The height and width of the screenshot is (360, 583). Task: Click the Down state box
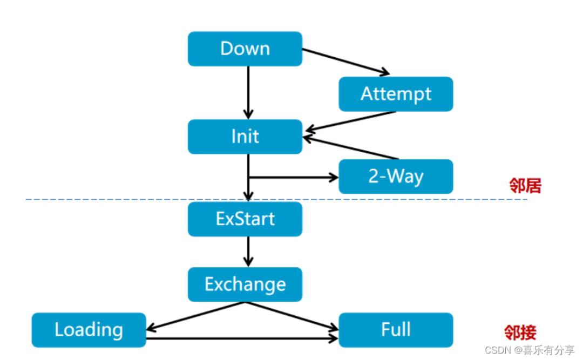(245, 49)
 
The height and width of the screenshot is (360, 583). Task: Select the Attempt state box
(396, 94)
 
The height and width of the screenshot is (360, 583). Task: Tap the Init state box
(245, 137)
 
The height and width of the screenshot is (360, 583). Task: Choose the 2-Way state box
(396, 176)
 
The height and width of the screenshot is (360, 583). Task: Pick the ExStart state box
(245, 219)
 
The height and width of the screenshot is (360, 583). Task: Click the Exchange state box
(245, 284)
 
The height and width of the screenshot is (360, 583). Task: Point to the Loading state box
(89, 330)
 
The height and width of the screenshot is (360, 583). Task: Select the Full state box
(396, 330)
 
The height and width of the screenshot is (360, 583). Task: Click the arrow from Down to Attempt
(346, 62)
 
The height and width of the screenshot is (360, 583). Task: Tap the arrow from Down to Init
(248, 93)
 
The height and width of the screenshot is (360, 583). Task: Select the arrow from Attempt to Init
(350, 121)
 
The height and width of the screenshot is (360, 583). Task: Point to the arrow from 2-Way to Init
(351, 148)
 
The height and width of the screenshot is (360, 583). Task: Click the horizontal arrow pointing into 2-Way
(293, 178)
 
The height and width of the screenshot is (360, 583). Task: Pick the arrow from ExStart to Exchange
(248, 252)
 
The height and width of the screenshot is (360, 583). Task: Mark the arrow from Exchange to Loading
(195, 316)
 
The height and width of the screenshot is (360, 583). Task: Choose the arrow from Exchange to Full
(292, 316)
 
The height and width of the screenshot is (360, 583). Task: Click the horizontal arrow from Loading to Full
(242, 338)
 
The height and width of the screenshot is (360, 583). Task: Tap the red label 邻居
(525, 186)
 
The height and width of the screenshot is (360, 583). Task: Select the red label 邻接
(520, 332)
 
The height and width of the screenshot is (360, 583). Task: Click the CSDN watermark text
(530, 350)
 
